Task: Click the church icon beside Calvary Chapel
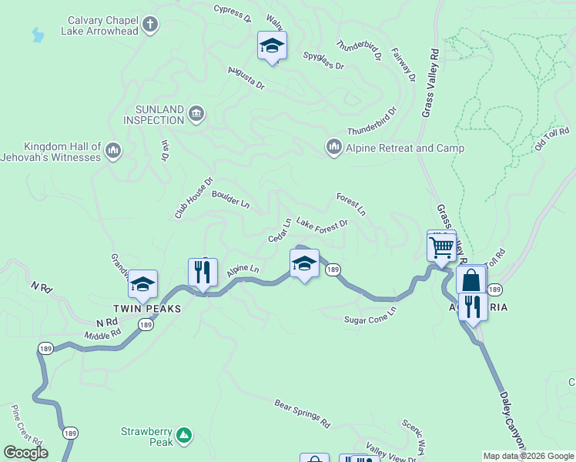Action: click(150, 25)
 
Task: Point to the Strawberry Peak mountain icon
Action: click(183, 436)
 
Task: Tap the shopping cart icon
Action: click(441, 248)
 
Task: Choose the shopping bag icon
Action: click(471, 280)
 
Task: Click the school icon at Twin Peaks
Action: click(142, 285)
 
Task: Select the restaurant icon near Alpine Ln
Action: click(203, 271)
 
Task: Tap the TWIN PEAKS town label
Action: click(154, 308)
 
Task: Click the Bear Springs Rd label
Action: click(302, 413)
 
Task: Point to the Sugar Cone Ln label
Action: click(370, 314)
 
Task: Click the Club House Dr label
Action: click(193, 199)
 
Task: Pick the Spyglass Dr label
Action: click(323, 61)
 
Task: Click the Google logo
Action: click(25, 453)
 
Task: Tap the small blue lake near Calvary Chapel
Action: click(38, 35)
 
